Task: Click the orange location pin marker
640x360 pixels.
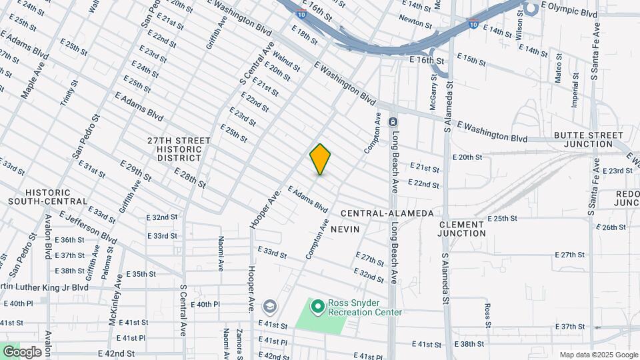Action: pos(321,159)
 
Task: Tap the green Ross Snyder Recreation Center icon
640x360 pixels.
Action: pos(318,307)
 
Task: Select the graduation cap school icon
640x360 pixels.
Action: pos(270,306)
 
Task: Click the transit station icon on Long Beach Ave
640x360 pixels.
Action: pos(393,122)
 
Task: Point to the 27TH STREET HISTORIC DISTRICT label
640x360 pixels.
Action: pos(179,149)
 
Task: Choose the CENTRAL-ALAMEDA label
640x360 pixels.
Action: pos(387,213)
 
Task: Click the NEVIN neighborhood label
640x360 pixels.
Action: pos(345,229)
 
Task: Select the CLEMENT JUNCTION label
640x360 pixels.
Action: pos(462,229)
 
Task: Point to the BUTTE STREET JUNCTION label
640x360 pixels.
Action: pos(587,139)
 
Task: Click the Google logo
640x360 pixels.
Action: pos(21,352)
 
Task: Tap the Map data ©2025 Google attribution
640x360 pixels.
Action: pos(599,355)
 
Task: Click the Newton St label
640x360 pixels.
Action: pos(415,22)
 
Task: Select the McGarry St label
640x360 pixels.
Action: pos(434,90)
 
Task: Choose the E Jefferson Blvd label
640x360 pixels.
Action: pos(88,227)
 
